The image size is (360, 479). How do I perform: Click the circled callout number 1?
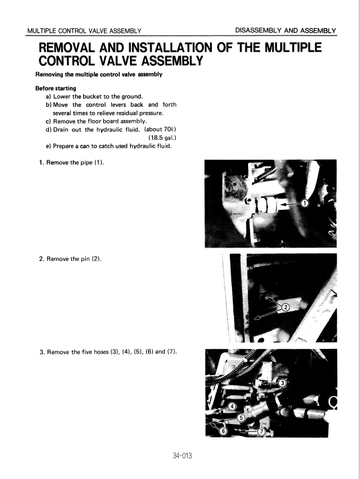[304, 203]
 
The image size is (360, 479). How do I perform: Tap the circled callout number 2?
[286, 307]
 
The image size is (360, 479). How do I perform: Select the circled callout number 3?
[282, 383]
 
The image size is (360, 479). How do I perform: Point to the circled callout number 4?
[233, 407]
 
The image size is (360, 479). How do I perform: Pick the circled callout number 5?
[241, 417]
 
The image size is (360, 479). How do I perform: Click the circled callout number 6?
[223, 431]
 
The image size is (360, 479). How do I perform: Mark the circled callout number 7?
[261, 431]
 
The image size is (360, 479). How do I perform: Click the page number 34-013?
[182, 456]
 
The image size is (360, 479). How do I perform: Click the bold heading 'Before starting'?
[56, 89]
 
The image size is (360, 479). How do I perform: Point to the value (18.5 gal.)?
[162, 138]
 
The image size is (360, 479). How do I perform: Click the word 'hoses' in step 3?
[101, 352]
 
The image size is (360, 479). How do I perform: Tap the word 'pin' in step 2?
[86, 259]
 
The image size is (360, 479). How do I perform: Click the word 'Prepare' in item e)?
[63, 146]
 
